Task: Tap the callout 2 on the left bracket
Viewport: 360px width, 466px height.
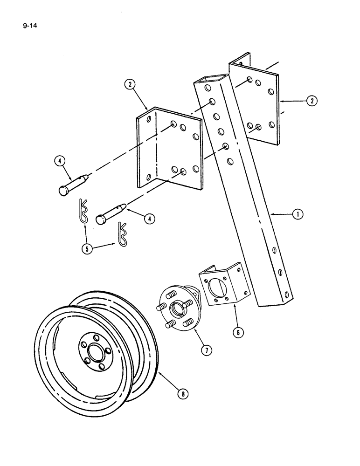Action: tap(129, 85)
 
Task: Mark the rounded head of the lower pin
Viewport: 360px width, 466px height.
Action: tap(100, 219)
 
